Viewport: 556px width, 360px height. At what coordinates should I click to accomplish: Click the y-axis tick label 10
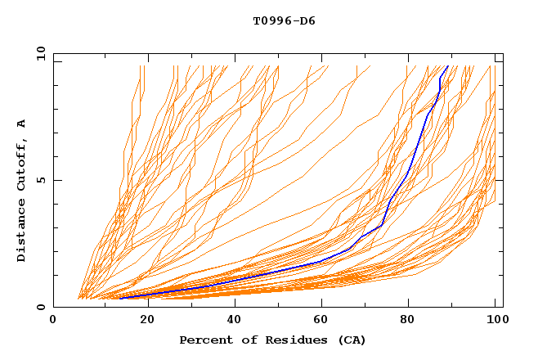coord(40,53)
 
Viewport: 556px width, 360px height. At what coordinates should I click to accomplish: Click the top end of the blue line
coord(447,66)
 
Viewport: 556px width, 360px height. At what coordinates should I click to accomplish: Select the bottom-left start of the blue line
coord(119,298)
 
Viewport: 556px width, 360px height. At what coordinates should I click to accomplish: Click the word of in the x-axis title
coord(244,340)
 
